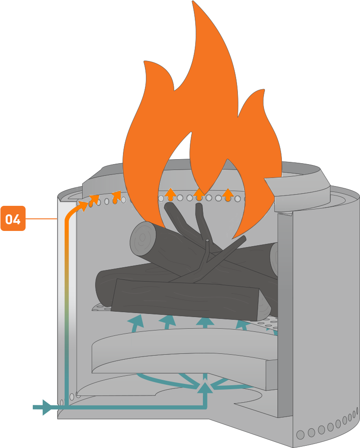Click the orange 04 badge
[13, 218]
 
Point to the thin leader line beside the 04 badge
[41, 219]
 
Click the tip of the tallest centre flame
[194, 4]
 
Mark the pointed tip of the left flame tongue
[145, 63]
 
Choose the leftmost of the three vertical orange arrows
[170, 194]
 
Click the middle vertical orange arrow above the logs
[199, 194]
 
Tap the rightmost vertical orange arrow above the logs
[228, 194]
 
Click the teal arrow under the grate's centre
[205, 322]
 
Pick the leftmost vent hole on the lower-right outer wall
[300, 434]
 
